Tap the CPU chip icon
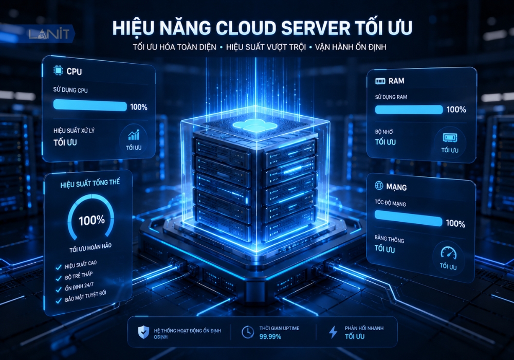(58, 70)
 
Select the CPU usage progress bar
(90, 105)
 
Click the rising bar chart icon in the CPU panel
(134, 134)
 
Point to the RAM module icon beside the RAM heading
(380, 81)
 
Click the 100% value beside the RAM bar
(456, 110)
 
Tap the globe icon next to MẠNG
(379, 186)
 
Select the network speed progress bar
(409, 218)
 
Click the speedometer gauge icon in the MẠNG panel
(448, 253)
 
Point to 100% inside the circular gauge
(92, 220)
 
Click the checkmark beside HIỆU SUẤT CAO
(59, 267)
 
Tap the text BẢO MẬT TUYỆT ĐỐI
(85, 296)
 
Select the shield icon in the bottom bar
(143, 332)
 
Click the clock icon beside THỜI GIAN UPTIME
(248, 332)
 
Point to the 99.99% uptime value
(270, 336)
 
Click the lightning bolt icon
(333, 332)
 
